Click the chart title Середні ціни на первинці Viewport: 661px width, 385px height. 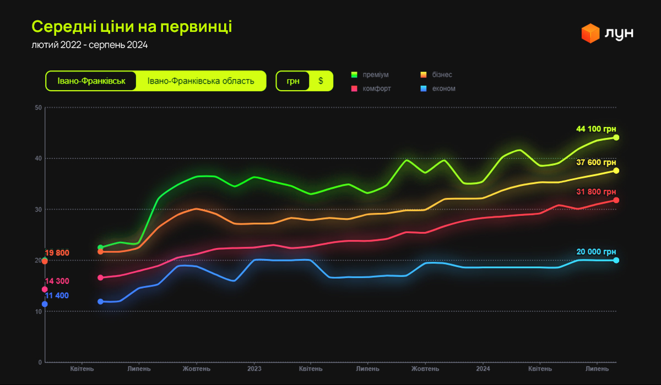point(132,26)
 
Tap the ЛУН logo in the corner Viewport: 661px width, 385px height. point(608,33)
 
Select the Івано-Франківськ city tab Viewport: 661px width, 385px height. point(91,81)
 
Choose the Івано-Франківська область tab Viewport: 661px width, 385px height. point(201,81)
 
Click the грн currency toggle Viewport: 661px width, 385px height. point(293,81)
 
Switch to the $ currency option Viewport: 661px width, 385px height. point(321,81)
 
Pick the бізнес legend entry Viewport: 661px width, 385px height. point(442,75)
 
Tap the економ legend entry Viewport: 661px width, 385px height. point(443,89)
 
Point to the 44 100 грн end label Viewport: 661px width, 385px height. point(596,129)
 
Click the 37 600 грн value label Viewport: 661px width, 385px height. point(596,162)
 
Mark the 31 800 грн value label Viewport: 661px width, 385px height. point(596,192)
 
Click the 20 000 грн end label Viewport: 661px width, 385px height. point(596,252)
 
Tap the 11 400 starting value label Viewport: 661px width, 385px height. point(57,296)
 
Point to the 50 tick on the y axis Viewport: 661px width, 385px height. point(39,107)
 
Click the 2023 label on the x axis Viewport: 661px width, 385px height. point(254,369)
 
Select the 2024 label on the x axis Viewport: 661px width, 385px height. point(483,369)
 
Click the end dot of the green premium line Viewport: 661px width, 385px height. point(616,137)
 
